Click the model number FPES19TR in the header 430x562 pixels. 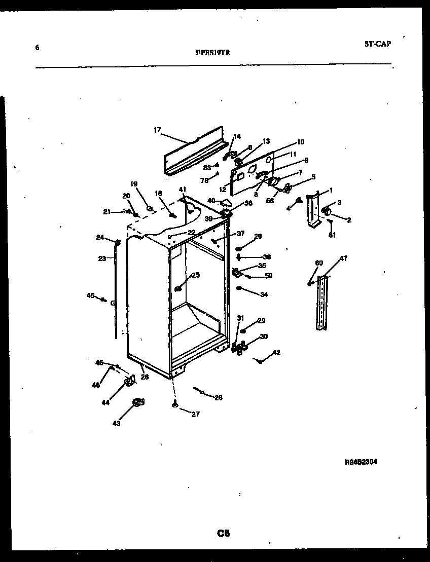(x=212, y=51)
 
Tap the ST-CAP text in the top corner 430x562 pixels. (x=377, y=44)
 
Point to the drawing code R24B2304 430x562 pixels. (x=361, y=462)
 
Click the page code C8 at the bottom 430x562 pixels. (x=224, y=533)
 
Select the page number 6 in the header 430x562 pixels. (x=37, y=48)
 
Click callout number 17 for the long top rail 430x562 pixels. (x=157, y=130)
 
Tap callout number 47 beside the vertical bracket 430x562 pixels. (x=343, y=258)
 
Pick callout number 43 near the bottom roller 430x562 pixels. (x=117, y=424)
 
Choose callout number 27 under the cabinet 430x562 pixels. (x=195, y=414)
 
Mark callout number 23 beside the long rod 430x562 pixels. (x=102, y=258)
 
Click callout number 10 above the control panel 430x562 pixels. (x=300, y=142)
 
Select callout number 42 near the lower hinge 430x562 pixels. (x=276, y=353)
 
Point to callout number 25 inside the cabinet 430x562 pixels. (x=195, y=275)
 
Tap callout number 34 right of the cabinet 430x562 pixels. (x=264, y=294)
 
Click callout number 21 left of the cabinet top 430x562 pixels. (x=107, y=211)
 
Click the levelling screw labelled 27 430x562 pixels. (x=175, y=404)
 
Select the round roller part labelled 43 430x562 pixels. (x=137, y=403)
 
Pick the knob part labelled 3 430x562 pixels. (x=326, y=210)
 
